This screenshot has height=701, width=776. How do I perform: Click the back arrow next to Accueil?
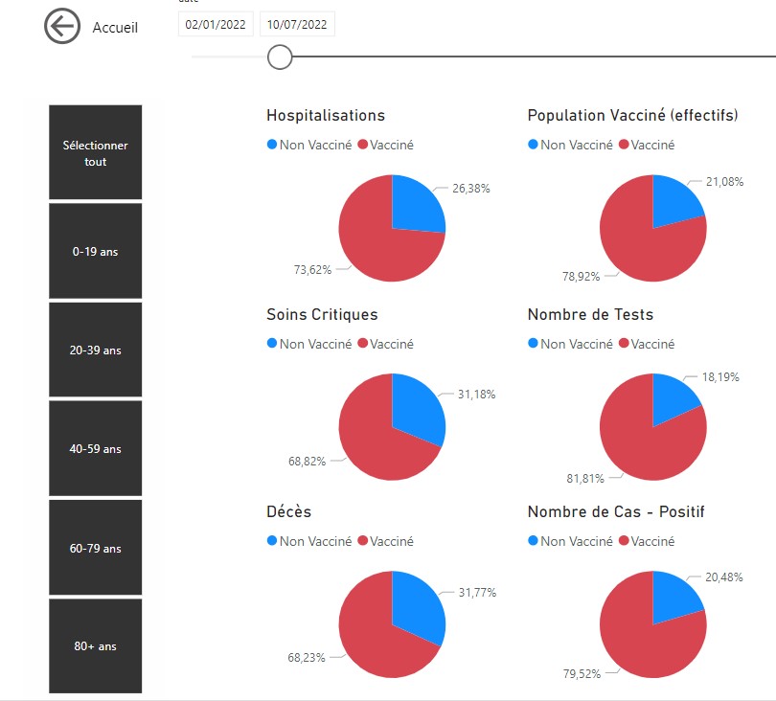pos(62,27)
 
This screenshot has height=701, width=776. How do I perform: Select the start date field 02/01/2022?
pos(216,25)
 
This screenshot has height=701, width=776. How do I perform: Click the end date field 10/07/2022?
pos(298,25)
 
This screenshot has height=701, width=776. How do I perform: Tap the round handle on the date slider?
pos(280,57)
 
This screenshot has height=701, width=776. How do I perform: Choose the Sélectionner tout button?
pos(96,153)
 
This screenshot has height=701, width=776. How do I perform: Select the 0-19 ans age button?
pos(96,252)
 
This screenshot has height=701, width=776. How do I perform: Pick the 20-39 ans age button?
pos(96,350)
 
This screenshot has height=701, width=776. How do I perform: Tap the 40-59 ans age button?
pos(96,449)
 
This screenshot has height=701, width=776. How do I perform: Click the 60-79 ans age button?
pos(96,549)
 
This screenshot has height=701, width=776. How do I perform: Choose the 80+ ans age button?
pos(96,646)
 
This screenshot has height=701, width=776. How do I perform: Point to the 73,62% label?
pos(312,269)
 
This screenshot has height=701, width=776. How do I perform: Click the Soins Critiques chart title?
pos(322,314)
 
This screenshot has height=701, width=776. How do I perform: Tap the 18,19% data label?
pos(720,377)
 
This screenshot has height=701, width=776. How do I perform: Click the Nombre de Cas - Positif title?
pos(615,512)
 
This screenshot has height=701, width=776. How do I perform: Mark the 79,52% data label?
pos(582,673)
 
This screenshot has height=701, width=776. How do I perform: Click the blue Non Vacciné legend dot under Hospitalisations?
pos(272,145)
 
